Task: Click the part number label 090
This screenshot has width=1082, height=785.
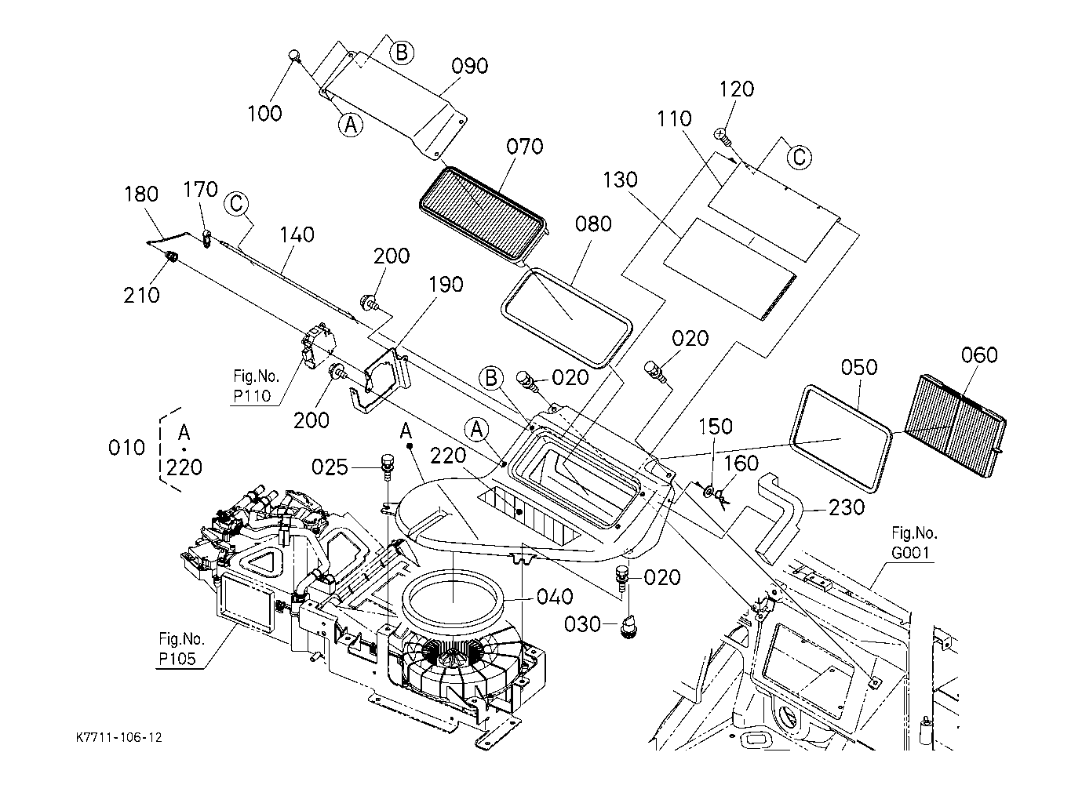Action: [x=469, y=66]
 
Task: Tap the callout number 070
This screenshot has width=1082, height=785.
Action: [x=525, y=147]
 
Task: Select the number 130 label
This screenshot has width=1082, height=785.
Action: [x=620, y=180]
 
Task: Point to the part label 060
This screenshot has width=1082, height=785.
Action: [x=979, y=354]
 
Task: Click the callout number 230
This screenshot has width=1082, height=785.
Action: [x=847, y=507]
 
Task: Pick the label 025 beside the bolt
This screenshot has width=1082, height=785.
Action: [x=330, y=467]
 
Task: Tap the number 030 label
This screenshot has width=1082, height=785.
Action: [x=582, y=624]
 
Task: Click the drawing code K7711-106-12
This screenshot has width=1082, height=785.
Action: [x=118, y=737]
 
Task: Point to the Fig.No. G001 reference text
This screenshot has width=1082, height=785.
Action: [x=914, y=543]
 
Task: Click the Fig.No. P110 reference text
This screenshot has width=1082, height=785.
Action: [x=256, y=386]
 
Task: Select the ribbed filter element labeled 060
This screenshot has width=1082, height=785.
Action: [x=954, y=425]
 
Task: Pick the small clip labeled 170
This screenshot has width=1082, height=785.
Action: [x=207, y=238]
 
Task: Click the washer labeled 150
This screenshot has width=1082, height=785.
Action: [x=709, y=491]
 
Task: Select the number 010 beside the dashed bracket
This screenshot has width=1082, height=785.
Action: [x=126, y=448]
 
